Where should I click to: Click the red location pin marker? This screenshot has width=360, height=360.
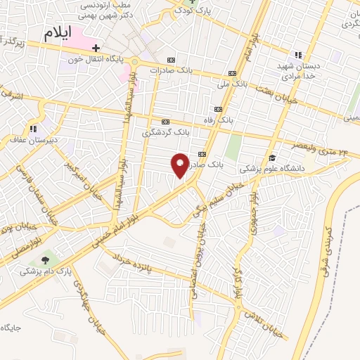[180, 165]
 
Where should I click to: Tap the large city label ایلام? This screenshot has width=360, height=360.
[58, 33]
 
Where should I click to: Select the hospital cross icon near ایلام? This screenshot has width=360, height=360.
[96, 48]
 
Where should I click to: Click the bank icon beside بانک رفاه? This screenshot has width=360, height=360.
[218, 109]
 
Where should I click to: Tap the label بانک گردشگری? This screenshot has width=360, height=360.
[166, 131]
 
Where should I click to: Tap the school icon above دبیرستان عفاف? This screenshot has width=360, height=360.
[33, 129]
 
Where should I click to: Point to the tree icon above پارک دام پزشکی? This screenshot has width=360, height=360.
[48, 259]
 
